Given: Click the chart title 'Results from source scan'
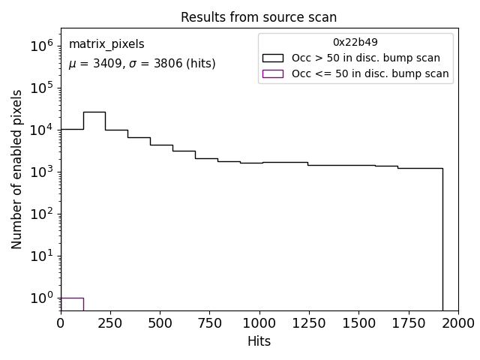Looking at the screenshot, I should click(259, 18).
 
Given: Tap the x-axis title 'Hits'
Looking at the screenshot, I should click(259, 341).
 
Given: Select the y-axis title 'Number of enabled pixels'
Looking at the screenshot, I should click(16, 169).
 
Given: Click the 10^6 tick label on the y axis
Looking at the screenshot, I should click(42, 46).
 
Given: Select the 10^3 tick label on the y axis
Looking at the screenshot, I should click(42, 172).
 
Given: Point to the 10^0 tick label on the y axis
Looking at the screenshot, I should click(42, 298).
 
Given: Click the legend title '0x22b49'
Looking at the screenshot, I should click(355, 42).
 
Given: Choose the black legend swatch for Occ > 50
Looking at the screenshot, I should click(273, 58).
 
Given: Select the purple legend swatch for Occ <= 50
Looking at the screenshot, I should click(273, 73).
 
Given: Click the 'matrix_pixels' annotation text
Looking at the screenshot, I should click(106, 44).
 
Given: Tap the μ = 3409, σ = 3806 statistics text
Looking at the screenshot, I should click(142, 64).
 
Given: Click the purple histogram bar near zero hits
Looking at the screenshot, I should click(72, 303).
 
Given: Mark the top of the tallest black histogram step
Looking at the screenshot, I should click(94, 112).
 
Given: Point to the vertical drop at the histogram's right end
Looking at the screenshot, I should click(442, 240).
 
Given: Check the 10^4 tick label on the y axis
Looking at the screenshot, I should click(42, 130).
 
